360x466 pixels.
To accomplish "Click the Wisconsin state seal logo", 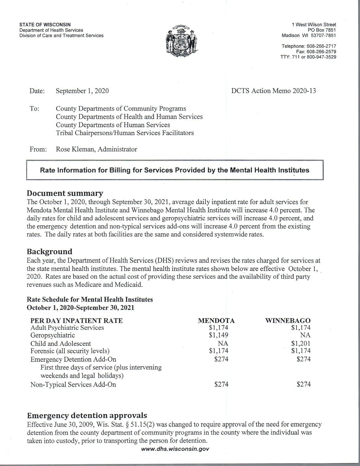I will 182,40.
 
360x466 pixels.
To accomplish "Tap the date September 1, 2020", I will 82,91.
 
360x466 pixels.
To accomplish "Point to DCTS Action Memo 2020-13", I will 273,91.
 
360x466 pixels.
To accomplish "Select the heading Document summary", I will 65,193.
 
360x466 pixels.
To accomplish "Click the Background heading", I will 50,252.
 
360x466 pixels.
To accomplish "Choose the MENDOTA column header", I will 216,321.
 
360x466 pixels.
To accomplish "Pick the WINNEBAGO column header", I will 288,321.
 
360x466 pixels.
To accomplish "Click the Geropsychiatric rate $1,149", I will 219,335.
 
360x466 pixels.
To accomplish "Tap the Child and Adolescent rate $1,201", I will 301,343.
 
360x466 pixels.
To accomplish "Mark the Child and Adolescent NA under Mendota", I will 223,343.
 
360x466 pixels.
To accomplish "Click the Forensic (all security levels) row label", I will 70,351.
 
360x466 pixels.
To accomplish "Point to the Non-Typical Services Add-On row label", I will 73,384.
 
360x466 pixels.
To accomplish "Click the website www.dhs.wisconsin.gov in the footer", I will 175,449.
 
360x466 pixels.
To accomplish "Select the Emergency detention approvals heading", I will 87,415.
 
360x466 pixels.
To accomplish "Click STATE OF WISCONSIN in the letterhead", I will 45,25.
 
